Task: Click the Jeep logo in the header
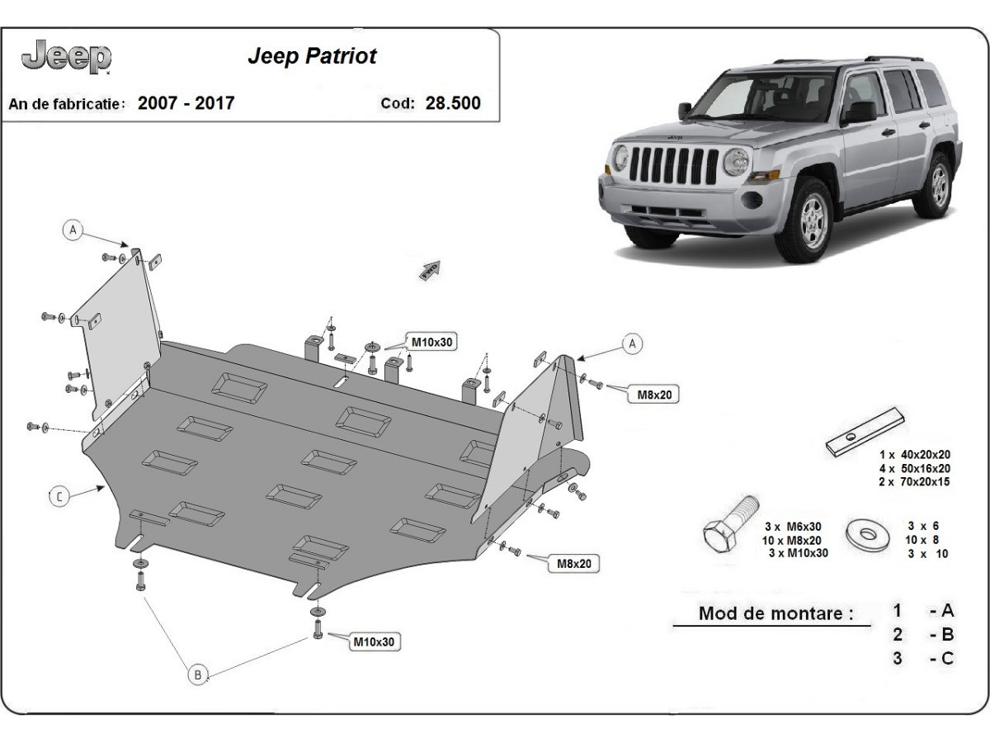(67, 57)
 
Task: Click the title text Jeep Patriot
(312, 56)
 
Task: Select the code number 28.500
(452, 103)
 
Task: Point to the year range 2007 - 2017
(186, 103)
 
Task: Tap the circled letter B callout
(197, 674)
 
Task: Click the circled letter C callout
(59, 496)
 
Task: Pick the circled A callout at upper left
(73, 230)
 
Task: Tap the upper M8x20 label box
(654, 395)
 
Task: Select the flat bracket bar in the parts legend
(866, 430)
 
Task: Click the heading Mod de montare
(775, 613)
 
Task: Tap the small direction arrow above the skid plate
(431, 270)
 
